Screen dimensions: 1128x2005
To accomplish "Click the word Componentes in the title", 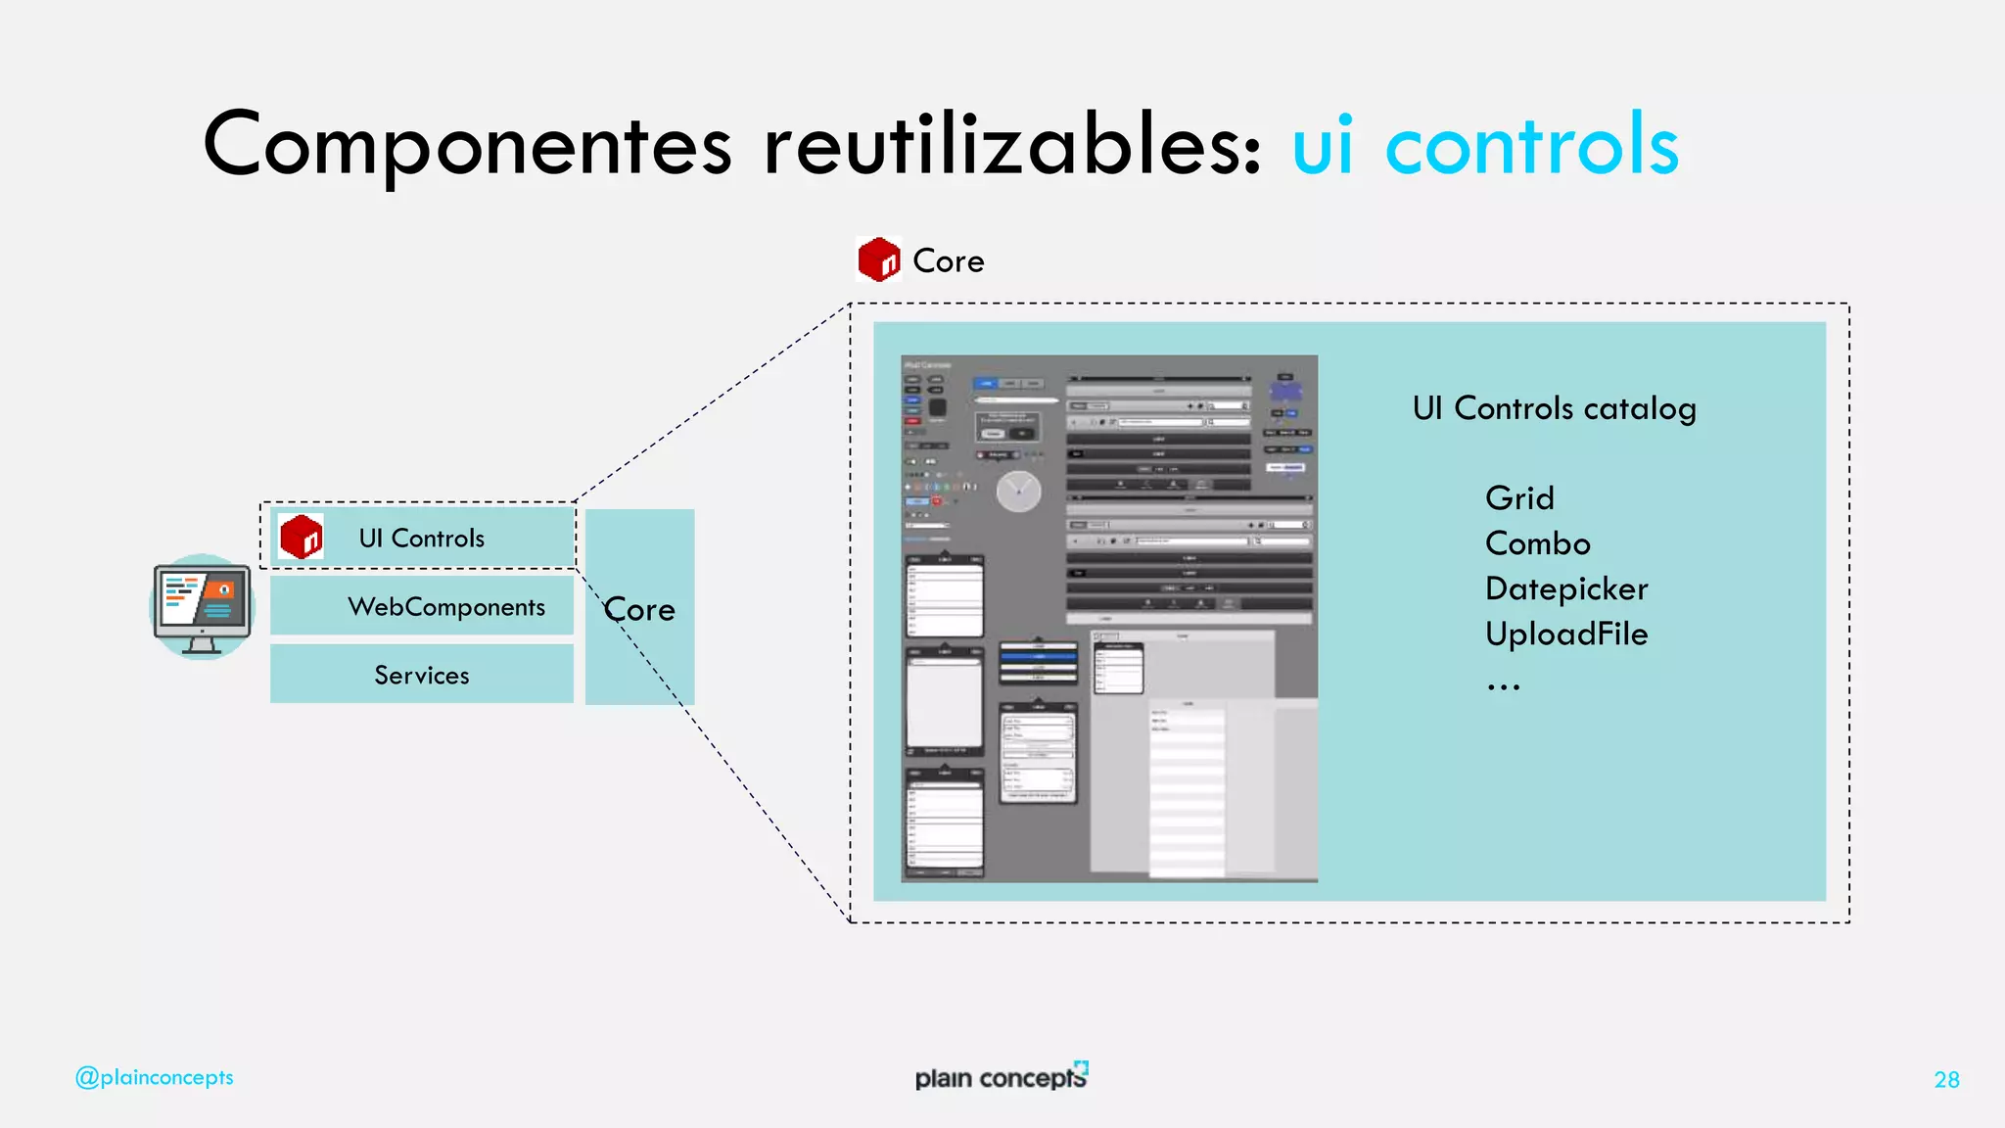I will (x=467, y=145).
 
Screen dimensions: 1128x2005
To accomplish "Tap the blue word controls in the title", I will (x=1532, y=145).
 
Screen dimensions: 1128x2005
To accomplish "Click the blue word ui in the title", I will (x=1323, y=145).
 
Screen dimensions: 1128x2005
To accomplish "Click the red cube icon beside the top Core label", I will (x=878, y=259).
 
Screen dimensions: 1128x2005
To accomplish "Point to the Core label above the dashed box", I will (x=948, y=261).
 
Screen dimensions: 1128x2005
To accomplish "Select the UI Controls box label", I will (x=421, y=538).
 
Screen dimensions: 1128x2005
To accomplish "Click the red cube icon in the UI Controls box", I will (x=301, y=537).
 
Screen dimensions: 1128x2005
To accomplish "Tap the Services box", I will (x=422, y=675).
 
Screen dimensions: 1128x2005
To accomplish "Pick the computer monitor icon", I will (x=203, y=607).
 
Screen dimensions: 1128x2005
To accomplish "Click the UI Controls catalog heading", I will (x=1554, y=408).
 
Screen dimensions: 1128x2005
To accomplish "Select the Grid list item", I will (x=1519, y=498).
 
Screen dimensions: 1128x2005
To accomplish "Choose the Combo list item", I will (x=1537, y=543).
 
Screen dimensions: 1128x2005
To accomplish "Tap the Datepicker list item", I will (x=1566, y=588).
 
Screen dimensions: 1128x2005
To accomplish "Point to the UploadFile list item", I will (x=1566, y=634).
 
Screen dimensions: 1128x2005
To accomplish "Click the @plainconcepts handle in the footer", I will (x=155, y=1077).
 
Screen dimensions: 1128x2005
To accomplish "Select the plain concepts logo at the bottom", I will (x=1001, y=1076).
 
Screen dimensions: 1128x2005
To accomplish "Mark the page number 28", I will (x=1946, y=1079).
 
